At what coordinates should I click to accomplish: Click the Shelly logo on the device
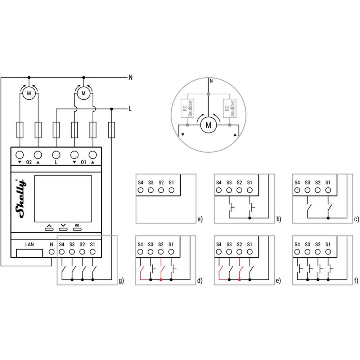pyautogui.click(x=20, y=199)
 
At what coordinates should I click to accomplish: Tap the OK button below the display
pyautogui.click(x=77, y=229)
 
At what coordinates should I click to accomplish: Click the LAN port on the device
pyautogui.click(x=30, y=253)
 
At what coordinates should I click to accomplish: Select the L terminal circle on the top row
pyautogui.click(x=56, y=155)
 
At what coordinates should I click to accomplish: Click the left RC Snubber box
pyautogui.click(x=187, y=108)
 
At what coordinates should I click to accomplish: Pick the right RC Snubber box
pyautogui.click(x=230, y=108)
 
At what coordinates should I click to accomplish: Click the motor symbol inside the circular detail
pyautogui.click(x=208, y=125)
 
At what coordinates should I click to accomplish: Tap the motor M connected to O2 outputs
pyautogui.click(x=29, y=93)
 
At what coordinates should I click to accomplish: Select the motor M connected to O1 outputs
pyautogui.click(x=84, y=93)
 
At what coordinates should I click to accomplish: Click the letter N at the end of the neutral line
pyautogui.click(x=130, y=77)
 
